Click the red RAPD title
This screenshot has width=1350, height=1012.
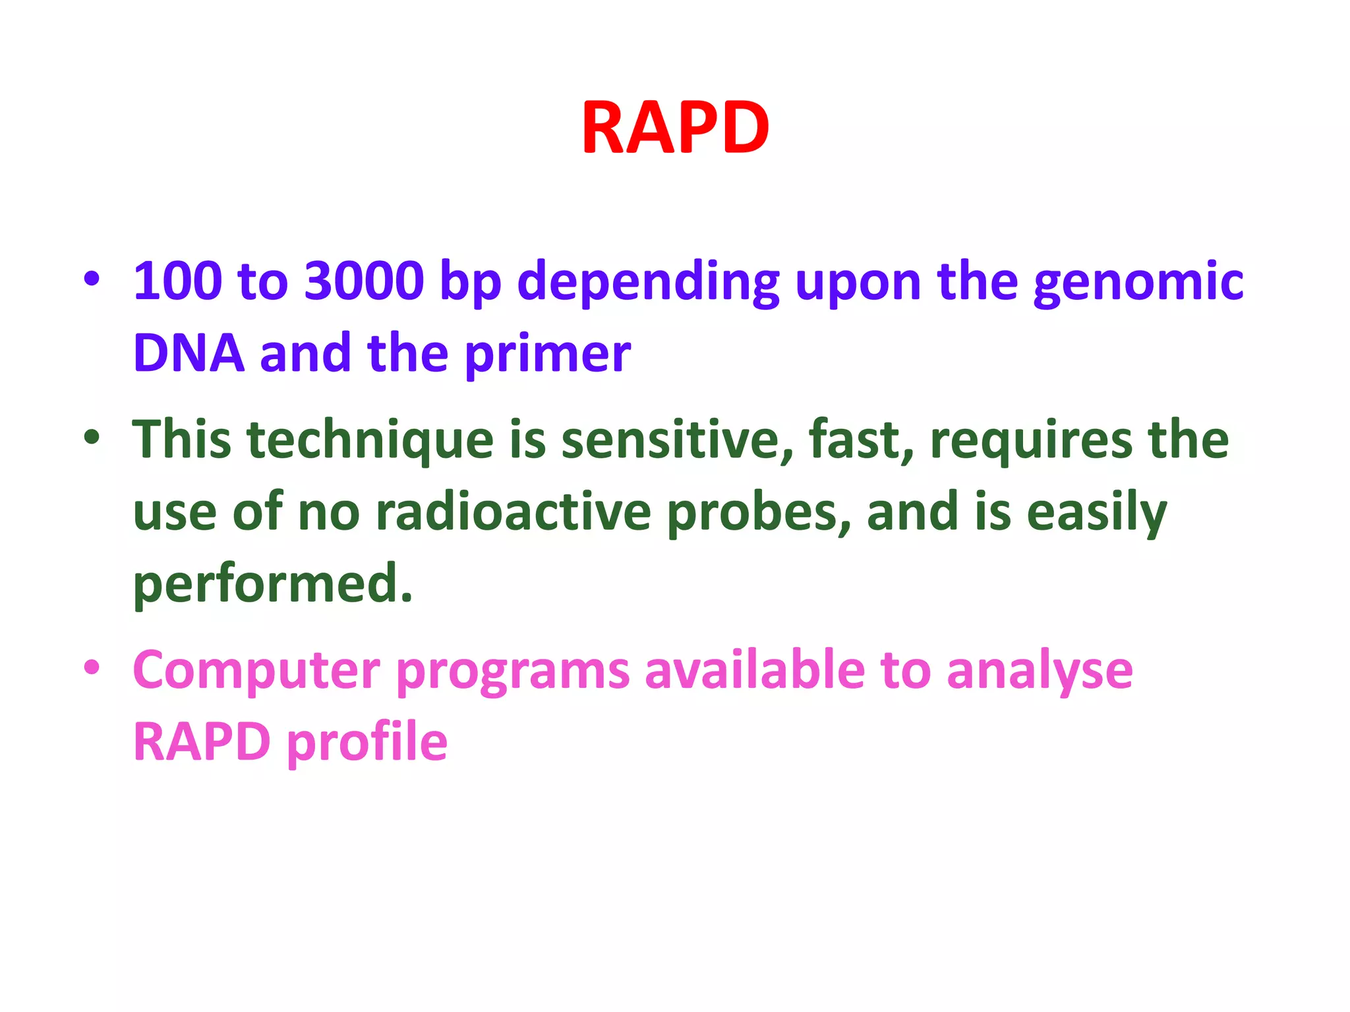(675, 128)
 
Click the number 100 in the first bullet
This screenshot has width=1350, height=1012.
(177, 281)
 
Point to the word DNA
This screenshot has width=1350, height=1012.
(189, 354)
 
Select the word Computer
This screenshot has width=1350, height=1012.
(256, 671)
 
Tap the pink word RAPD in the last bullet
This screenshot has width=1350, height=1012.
(202, 742)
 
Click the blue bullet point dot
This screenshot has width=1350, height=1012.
(92, 279)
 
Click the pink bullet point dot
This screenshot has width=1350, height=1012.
(92, 667)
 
